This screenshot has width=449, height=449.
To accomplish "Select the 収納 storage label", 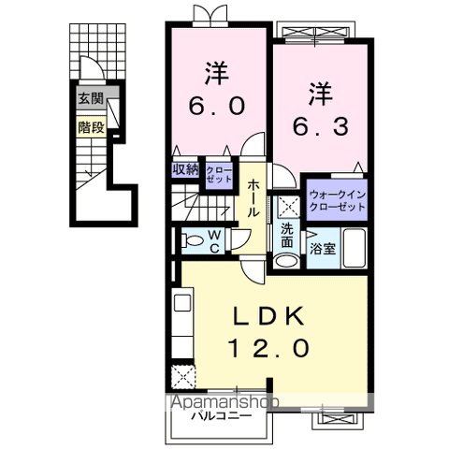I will pyautogui.click(x=185, y=169).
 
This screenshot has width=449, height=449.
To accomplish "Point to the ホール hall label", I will pyautogui.click(x=253, y=197).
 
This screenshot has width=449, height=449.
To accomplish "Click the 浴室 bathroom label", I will pyautogui.click(x=321, y=249).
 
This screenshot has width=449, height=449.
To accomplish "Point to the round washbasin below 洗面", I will pyautogui.click(x=287, y=259).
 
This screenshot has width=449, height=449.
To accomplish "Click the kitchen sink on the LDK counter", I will pyautogui.click(x=182, y=306).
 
